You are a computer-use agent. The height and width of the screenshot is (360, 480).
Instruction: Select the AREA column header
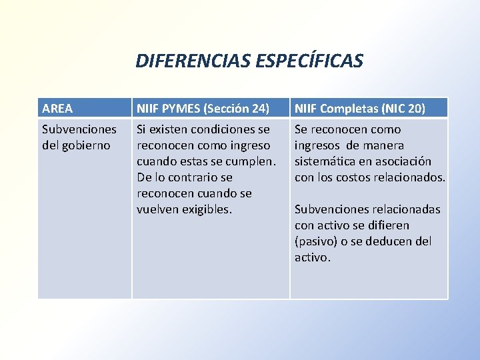point(57,108)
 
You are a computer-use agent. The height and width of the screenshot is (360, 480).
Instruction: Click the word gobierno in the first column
point(86,145)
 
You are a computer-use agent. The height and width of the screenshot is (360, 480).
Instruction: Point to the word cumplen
point(253,161)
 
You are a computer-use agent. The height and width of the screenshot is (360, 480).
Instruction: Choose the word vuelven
point(158,209)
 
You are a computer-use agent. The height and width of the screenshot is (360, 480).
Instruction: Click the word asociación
point(402,161)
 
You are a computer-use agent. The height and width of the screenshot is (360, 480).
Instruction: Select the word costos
point(360,177)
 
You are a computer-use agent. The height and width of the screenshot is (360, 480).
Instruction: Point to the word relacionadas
point(406,209)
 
